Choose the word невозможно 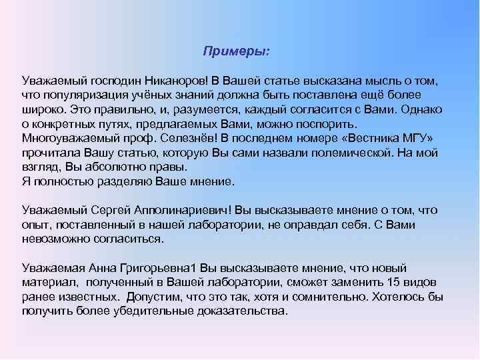pyautogui.click(x=56, y=239)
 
